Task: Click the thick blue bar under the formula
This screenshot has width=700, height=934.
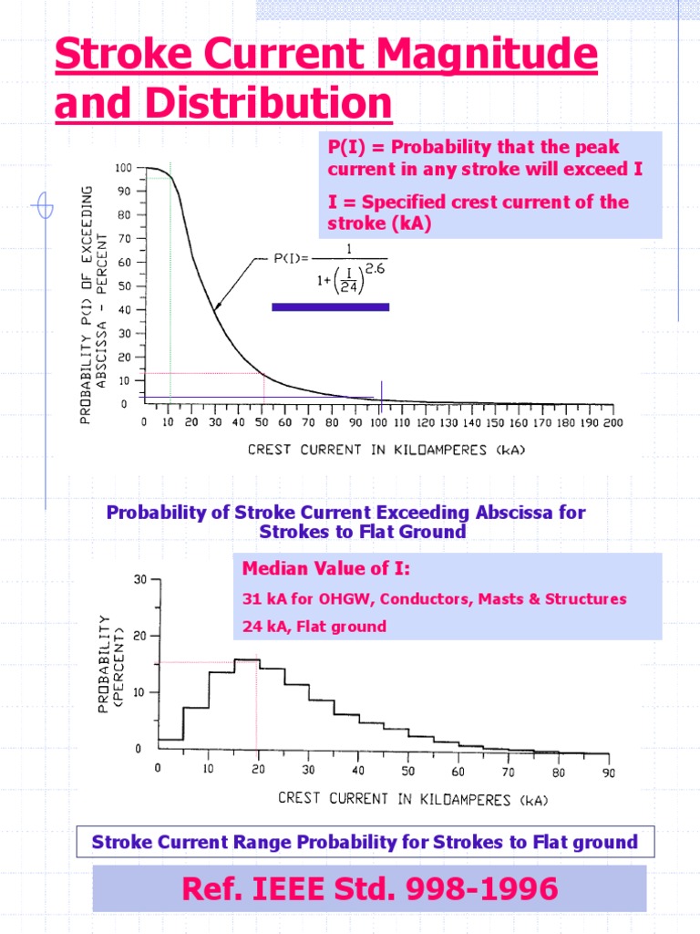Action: [x=331, y=307]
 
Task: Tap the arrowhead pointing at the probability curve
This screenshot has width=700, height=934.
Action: [x=217, y=308]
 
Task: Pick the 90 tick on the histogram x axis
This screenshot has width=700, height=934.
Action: [x=607, y=772]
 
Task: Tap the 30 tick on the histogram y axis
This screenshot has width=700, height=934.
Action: [x=139, y=580]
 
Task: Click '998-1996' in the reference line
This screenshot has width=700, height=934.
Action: [x=488, y=889]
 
